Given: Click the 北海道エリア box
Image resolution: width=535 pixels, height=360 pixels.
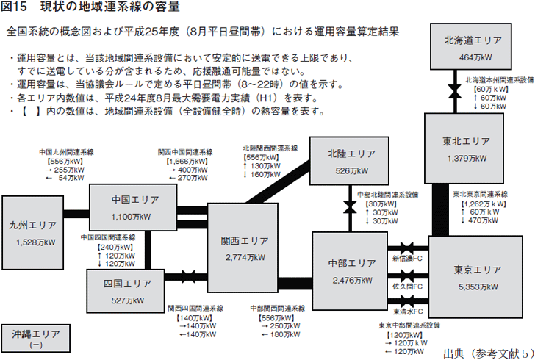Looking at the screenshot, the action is (x=471, y=46).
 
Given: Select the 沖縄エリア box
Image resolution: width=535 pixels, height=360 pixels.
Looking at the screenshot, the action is (x=36, y=338).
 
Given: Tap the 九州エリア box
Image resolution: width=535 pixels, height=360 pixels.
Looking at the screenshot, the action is (x=33, y=233).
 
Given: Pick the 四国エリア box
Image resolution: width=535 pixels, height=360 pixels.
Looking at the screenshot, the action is (x=126, y=291).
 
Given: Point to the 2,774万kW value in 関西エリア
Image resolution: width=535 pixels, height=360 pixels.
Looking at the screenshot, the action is (x=245, y=258).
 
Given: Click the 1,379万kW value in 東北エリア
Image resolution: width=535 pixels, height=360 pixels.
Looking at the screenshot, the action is (x=467, y=159).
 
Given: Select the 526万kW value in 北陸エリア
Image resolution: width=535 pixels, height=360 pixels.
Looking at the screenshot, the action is (x=352, y=171).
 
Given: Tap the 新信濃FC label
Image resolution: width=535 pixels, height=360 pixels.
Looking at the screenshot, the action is (x=407, y=259).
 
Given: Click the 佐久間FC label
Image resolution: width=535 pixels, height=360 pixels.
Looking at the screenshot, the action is (x=407, y=287).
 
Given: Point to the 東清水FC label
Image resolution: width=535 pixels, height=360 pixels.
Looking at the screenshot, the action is (x=407, y=312).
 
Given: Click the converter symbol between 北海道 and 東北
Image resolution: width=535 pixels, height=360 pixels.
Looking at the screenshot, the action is (x=455, y=91).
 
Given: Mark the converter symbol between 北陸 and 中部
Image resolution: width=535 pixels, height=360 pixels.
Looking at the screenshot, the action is (x=350, y=207).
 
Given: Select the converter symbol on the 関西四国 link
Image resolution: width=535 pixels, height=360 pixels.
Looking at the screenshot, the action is (x=188, y=276).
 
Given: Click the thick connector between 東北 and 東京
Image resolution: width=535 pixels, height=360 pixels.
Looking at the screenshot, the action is (x=440, y=209).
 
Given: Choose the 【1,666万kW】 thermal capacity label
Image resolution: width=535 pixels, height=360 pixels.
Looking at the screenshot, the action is (x=187, y=162).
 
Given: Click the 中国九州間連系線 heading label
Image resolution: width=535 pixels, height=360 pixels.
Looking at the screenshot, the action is (x=66, y=152).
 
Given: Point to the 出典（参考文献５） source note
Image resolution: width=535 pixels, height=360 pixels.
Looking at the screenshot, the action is (x=488, y=353).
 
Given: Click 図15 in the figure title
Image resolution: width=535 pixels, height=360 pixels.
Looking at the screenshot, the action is (x=14, y=7).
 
